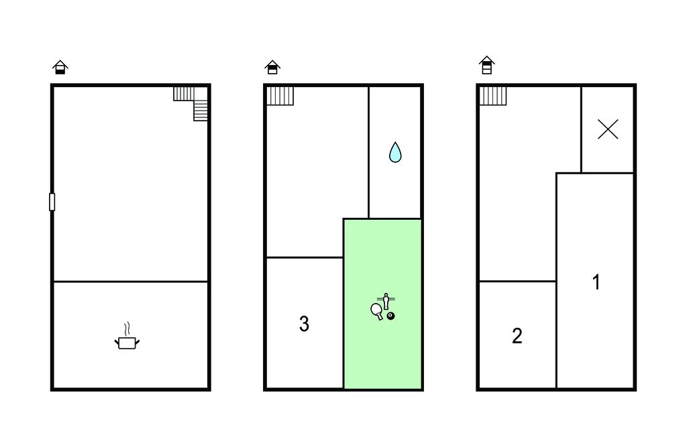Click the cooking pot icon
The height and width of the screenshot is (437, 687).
(127, 343)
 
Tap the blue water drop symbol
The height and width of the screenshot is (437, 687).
(395, 152)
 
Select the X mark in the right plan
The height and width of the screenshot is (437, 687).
(608, 129)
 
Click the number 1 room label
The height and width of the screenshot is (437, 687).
(596, 282)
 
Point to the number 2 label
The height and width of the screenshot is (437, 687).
(517, 336)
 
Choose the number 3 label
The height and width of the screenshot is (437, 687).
(304, 324)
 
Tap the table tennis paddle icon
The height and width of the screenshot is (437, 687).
(377, 311)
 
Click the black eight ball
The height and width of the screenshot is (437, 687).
(391, 316)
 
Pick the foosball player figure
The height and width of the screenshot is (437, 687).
(386, 301)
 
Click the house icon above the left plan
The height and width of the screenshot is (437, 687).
(60, 67)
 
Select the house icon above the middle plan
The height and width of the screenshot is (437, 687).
(272, 67)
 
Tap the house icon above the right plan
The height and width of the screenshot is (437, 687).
(487, 65)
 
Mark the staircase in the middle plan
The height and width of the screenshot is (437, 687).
(280, 96)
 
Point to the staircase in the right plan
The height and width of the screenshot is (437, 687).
(493, 96)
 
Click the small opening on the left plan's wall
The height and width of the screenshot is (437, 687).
(52, 202)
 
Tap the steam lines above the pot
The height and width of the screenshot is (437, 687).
(127, 329)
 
